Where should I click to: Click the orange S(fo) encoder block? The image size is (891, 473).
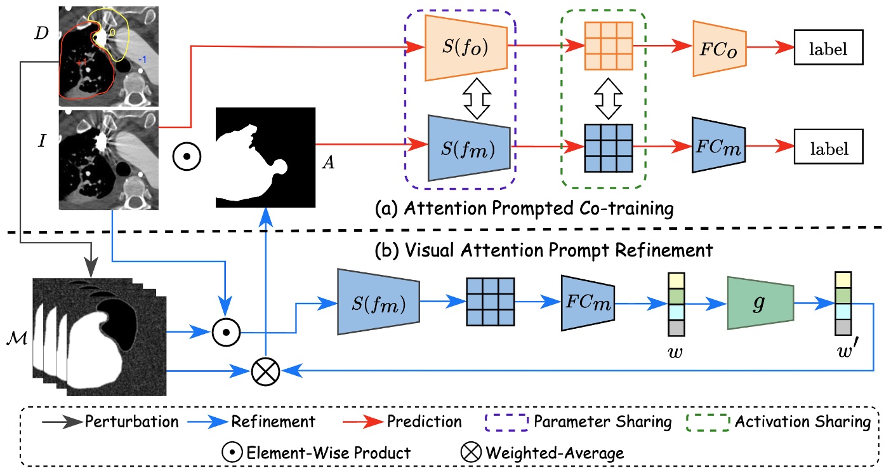pos(466,48)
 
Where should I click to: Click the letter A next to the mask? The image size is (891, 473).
pos(328,162)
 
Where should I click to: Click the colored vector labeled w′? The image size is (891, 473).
pos(842,303)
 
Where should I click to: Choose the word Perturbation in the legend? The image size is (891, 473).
pos(132,421)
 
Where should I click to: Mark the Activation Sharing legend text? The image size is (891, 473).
pos(803,421)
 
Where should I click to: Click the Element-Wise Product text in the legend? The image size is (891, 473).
pos(328,453)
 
